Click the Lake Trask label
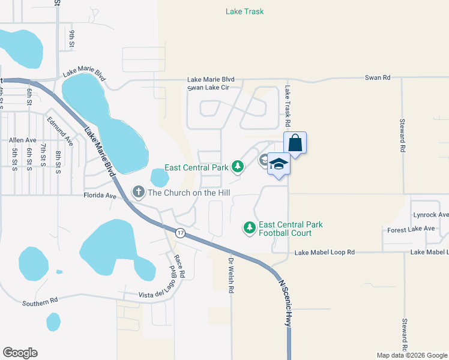pyautogui.click(x=244, y=11)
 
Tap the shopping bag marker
pyautogui.click(x=295, y=143)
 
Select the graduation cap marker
pyautogui.click(x=279, y=165)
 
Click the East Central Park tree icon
pyautogui.click(x=238, y=166)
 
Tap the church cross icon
pyautogui.click(x=139, y=192)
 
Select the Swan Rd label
pyautogui.click(x=378, y=78)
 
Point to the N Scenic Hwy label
pyautogui.click(x=284, y=304)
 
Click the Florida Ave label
pyautogui.click(x=99, y=196)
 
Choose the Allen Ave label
pyautogui.click(x=23, y=140)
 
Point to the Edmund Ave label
pyautogui.click(x=59, y=131)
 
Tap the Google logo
pyautogui.click(x=20, y=353)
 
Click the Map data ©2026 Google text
pyautogui.click(x=411, y=355)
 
